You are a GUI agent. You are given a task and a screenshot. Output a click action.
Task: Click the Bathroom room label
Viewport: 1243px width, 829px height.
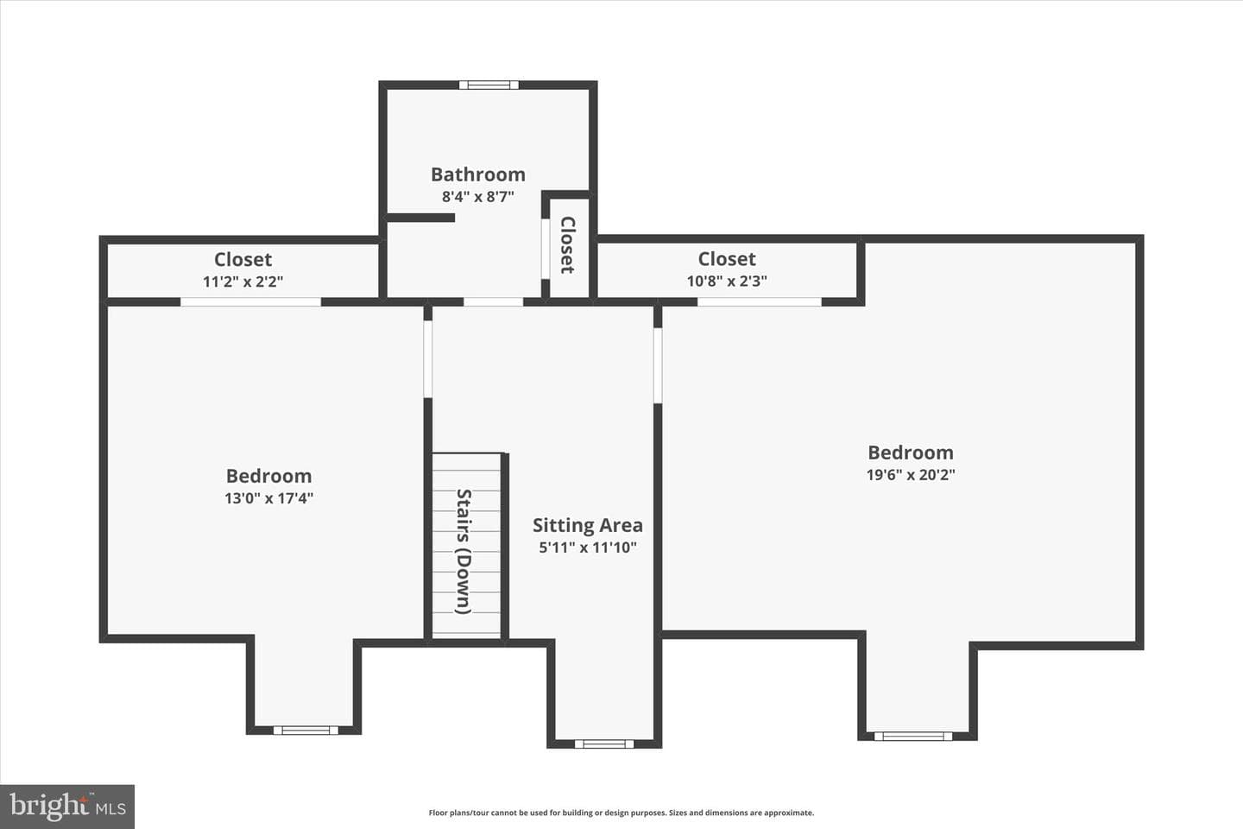pyautogui.click(x=478, y=174)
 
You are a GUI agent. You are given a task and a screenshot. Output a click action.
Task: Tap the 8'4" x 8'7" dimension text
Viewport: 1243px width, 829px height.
pyautogui.click(x=478, y=197)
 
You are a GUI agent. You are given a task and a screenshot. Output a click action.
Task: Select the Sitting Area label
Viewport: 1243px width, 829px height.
pyautogui.click(x=588, y=525)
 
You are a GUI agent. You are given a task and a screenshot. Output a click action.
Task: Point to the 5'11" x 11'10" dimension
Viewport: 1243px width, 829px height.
pyautogui.click(x=588, y=547)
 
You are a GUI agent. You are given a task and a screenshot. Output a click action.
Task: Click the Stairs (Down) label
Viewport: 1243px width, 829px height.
pyautogui.click(x=464, y=551)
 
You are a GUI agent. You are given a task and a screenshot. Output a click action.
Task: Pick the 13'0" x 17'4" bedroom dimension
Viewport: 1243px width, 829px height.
pyautogui.click(x=268, y=498)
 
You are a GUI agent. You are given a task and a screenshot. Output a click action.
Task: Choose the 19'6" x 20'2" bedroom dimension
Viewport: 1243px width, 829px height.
pyautogui.click(x=911, y=475)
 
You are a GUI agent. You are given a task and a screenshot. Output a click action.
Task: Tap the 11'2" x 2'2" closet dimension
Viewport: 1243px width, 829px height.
pyautogui.click(x=243, y=282)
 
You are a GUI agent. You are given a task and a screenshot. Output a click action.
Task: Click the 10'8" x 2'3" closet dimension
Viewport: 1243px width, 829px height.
pyautogui.click(x=727, y=281)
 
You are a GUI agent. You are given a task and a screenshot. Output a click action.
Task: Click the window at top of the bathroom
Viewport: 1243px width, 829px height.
pyautogui.click(x=489, y=85)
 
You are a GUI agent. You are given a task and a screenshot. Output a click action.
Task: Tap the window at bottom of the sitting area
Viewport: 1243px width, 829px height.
pyautogui.click(x=603, y=744)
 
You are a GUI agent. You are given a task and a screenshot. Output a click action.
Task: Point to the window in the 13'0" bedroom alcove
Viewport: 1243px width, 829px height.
pyautogui.click(x=306, y=731)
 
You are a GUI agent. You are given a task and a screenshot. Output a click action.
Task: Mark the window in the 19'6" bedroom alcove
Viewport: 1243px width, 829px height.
pyautogui.click(x=913, y=737)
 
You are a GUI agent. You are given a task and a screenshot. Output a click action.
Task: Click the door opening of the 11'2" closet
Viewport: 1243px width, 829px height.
pyautogui.click(x=251, y=302)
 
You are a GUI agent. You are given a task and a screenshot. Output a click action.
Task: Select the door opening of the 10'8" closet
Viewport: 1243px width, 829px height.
pyautogui.click(x=759, y=302)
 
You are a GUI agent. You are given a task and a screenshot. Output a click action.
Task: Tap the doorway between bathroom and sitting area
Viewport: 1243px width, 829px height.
pyautogui.click(x=494, y=302)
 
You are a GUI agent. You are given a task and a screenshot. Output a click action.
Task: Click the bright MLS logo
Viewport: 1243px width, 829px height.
pyautogui.click(x=67, y=807)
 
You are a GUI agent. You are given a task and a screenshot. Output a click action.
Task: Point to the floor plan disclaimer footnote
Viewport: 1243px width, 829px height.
pyautogui.click(x=621, y=813)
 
